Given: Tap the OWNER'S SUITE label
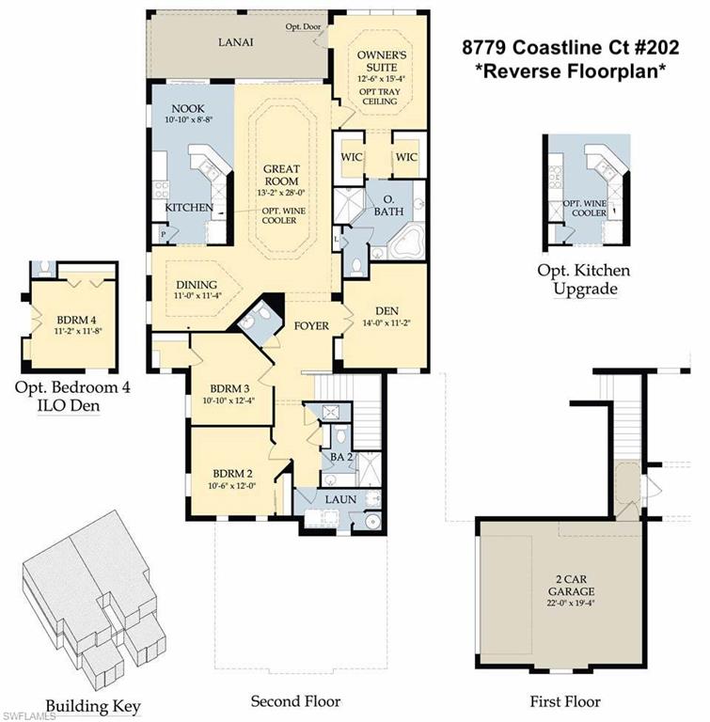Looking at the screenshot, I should [381, 61].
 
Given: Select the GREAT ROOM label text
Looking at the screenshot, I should [281, 175].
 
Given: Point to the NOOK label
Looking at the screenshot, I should [180, 108].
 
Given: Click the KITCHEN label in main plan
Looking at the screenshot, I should [189, 207].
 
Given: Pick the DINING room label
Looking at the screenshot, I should [197, 285].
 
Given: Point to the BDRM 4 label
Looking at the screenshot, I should [67, 320].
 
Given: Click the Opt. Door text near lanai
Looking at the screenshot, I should [304, 26].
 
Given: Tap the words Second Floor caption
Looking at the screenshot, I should [294, 701].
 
